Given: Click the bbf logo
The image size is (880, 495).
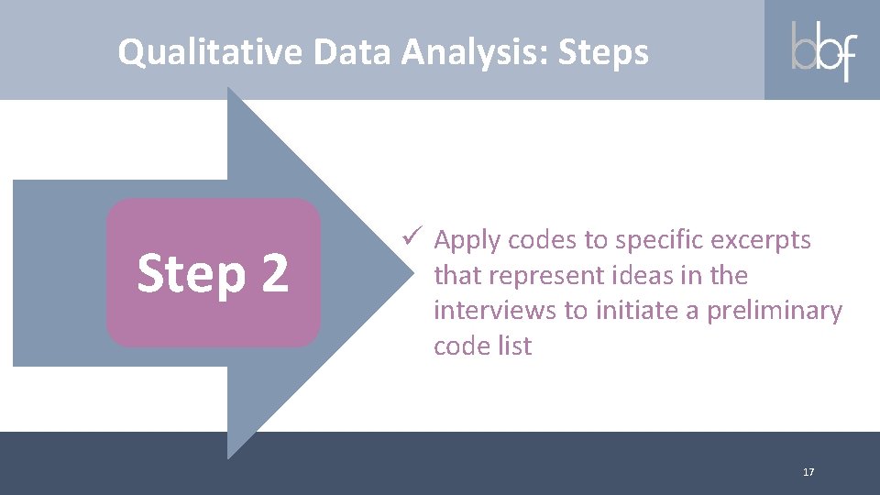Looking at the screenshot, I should (x=822, y=51).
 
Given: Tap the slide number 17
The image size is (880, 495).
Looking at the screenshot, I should (x=808, y=472).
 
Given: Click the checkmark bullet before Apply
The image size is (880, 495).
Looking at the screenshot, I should (x=412, y=238).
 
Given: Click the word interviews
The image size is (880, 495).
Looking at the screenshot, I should (x=495, y=311).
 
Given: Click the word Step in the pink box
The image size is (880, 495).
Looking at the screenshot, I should (x=191, y=274).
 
